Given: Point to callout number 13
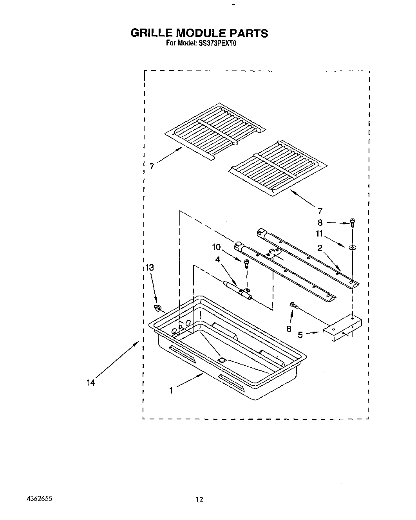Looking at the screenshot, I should point(149,268).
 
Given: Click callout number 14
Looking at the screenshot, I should point(90,383).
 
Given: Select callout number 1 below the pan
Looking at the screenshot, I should point(171,390).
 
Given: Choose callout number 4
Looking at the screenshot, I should point(218,259).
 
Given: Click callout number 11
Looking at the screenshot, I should point(320,234).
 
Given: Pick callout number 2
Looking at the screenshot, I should point(320,248).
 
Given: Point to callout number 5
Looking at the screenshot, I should point(300,335).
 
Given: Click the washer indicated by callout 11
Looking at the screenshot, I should point(352,247).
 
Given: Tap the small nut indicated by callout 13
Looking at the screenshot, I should point(158,308).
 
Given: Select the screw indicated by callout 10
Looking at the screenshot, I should point(246,263).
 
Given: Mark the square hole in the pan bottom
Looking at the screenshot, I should point(222,359).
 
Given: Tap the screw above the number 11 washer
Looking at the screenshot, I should point(352,223).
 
